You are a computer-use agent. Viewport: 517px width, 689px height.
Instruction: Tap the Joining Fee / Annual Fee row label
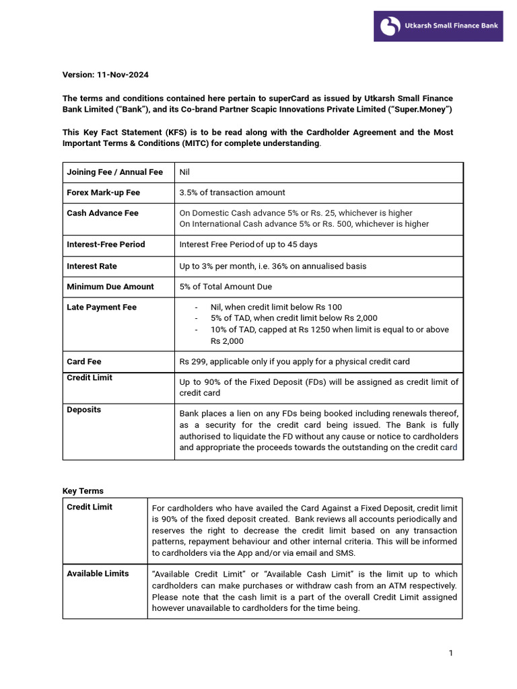click(114, 172)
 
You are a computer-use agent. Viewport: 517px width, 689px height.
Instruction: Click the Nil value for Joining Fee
click(184, 172)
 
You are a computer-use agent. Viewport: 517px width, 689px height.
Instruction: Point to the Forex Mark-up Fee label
click(103, 192)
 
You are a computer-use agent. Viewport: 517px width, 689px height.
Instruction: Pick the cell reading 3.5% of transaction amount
click(232, 192)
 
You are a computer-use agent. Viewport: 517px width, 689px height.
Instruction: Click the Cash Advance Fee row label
click(102, 213)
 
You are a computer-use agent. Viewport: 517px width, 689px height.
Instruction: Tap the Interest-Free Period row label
click(106, 244)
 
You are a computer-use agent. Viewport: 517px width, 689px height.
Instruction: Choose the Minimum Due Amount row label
click(110, 287)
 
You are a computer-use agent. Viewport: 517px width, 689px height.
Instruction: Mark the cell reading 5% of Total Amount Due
click(226, 287)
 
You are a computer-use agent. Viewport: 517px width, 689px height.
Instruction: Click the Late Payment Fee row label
click(101, 307)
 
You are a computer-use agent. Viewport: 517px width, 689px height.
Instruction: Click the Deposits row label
click(83, 410)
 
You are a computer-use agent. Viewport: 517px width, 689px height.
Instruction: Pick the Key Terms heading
click(83, 491)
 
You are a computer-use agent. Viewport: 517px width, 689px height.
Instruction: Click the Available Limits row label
click(98, 573)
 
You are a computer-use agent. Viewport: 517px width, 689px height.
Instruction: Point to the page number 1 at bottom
click(451, 653)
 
